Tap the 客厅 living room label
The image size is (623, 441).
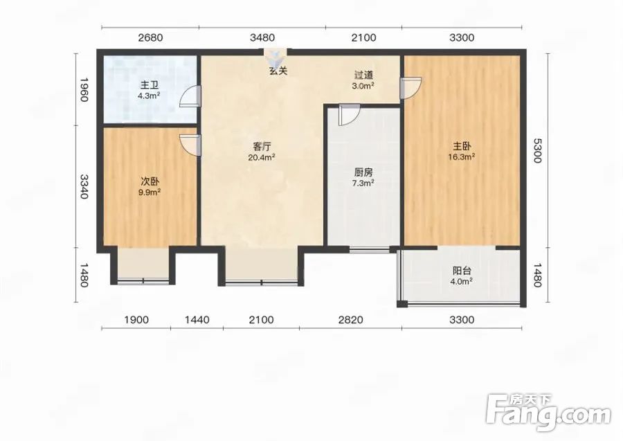262,147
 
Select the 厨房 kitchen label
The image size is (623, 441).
363,172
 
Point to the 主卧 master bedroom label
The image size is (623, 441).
462,146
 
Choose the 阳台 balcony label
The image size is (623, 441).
462,271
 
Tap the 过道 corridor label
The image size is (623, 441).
363,75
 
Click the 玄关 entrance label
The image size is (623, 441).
278,71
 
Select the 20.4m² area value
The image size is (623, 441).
262,157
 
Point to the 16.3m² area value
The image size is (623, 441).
462,157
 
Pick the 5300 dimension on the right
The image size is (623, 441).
536,150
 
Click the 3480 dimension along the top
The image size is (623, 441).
262,38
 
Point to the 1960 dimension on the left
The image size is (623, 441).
84,89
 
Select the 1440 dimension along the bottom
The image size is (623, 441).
197,320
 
